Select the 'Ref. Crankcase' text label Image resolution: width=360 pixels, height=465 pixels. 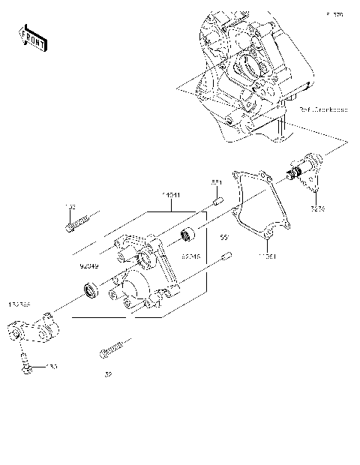(x=323, y=109)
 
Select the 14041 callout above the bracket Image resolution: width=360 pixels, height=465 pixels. (x=171, y=196)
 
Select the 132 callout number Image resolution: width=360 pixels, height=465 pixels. (x=69, y=205)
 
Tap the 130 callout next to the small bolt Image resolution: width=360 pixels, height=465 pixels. (x=51, y=367)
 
